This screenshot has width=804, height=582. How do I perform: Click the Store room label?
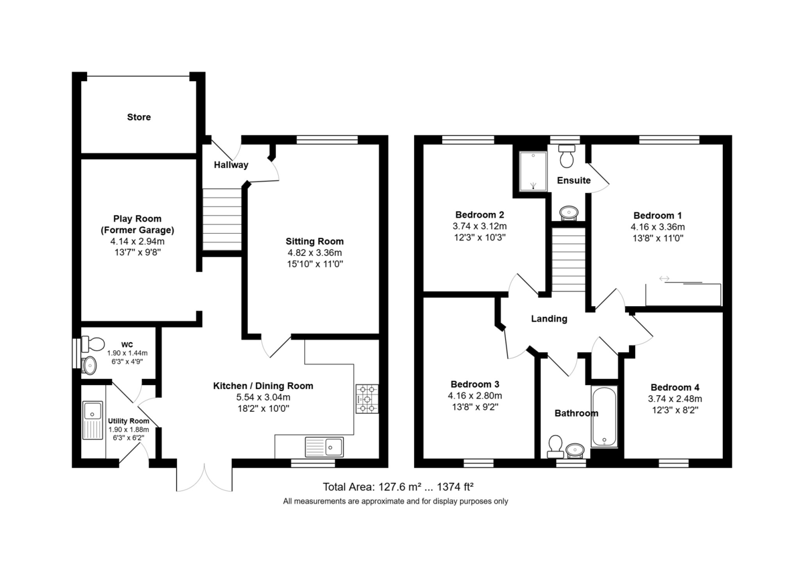tap(139, 117)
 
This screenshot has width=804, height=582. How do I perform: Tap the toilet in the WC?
tap(92, 344)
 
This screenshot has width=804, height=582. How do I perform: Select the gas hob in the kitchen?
tap(367, 399)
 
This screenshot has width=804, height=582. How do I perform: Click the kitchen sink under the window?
tap(324, 447)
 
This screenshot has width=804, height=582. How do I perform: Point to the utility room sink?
tap(92, 421)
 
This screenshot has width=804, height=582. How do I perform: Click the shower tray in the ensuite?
tap(533, 171)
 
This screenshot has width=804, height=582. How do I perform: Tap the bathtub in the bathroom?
tap(604, 416)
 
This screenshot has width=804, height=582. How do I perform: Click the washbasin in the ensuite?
tap(569, 213)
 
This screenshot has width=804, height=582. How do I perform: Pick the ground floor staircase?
tap(222, 219)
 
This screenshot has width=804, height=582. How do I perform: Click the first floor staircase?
tap(569, 259)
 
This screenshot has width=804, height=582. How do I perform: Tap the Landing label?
tap(549, 319)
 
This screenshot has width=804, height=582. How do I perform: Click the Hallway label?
tap(231, 165)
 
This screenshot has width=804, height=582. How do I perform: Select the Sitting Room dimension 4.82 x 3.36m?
tap(314, 253)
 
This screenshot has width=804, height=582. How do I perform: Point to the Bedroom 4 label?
tap(675, 388)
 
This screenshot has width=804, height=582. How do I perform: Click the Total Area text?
tap(398, 487)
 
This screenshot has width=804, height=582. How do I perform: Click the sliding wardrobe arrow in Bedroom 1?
tap(664, 279)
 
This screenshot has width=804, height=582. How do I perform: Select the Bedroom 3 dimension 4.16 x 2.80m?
tap(475, 396)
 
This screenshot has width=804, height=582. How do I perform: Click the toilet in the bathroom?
tap(555, 447)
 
